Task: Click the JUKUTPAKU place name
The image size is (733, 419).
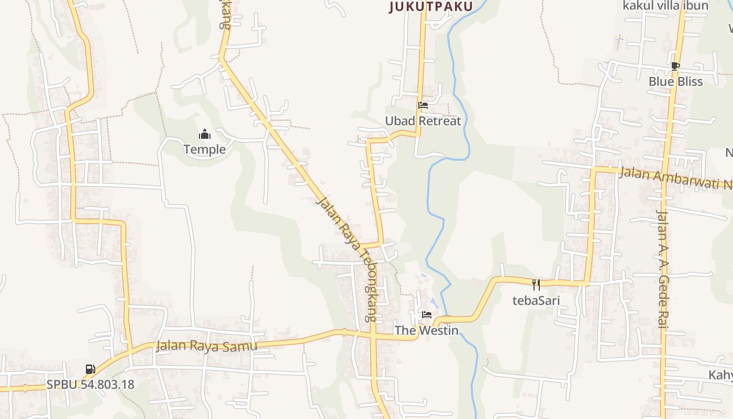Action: (431, 6)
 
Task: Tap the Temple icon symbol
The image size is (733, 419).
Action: (205, 135)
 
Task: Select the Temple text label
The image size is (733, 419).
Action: (205, 150)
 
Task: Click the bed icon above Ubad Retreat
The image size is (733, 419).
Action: (423, 105)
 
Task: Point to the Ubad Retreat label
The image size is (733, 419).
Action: (423, 121)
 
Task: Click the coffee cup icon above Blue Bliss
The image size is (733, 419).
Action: (675, 66)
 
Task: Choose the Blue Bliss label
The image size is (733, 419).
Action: (675, 82)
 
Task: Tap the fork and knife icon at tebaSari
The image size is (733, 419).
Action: (536, 285)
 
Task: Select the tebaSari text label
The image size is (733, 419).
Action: (536, 301)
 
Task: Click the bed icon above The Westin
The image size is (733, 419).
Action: (427, 315)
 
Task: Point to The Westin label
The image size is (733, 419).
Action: (426, 330)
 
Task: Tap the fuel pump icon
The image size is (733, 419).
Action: (91, 369)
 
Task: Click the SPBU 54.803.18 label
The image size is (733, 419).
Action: (91, 384)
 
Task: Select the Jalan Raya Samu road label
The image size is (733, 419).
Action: (207, 346)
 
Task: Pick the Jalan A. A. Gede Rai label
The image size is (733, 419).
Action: (662, 269)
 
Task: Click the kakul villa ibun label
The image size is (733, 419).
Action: (665, 6)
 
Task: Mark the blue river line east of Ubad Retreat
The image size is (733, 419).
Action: (461, 105)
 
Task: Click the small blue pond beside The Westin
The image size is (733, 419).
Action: (434, 302)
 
